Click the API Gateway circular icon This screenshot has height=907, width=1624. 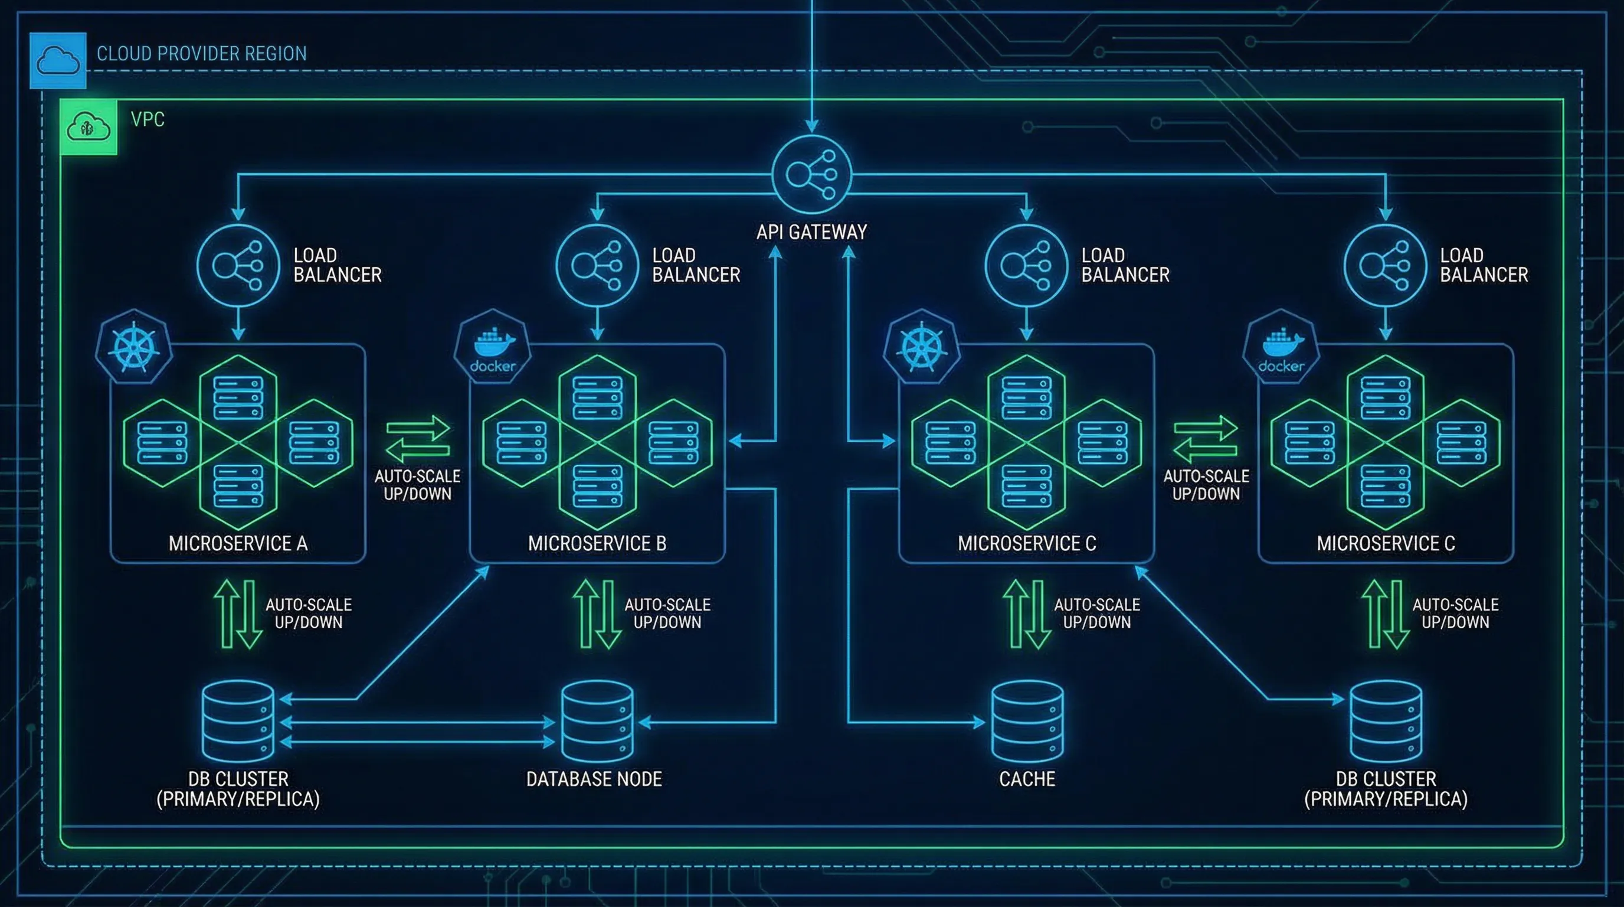pos(812,174)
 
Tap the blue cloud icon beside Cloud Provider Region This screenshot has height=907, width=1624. pos(58,61)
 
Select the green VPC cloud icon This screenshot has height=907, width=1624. pos(89,127)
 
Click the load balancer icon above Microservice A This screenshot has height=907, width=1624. pos(238,266)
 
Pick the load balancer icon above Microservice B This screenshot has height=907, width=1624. pos(597,266)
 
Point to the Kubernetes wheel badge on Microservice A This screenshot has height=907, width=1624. pos(133,346)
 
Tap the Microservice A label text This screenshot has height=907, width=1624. pos(238,543)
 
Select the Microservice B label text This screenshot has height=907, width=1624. pos(597,543)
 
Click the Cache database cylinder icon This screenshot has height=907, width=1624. pos(1027,721)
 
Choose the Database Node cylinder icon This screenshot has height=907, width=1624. pos(597,721)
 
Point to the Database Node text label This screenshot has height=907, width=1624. pos(594,779)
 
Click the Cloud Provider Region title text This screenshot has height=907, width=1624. pos(202,54)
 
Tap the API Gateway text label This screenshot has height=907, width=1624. pos(811,232)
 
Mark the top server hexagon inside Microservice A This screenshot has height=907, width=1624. pos(238,397)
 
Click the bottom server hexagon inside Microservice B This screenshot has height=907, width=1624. pos(597,485)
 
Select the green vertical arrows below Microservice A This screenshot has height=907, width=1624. pos(238,614)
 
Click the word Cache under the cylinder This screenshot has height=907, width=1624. pos(1027,779)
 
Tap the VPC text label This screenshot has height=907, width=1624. pos(148,119)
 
